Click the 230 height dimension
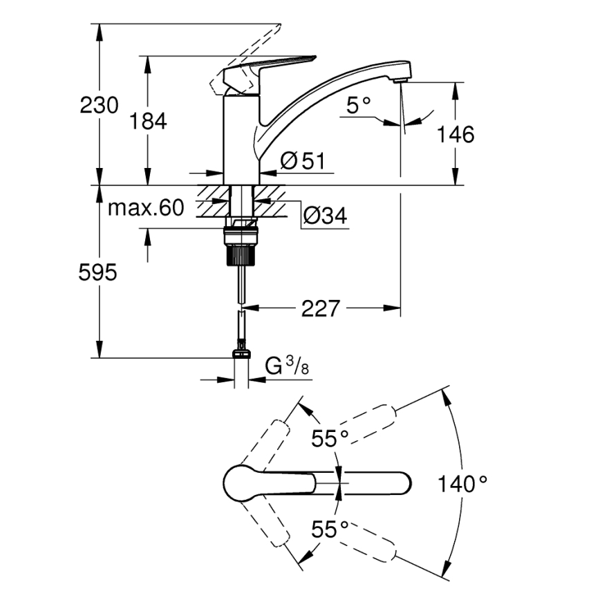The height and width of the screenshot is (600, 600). coord(100,106)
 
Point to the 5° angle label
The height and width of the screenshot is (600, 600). coord(358,106)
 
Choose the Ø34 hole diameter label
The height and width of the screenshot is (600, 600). coord(324,217)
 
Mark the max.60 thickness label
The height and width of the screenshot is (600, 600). coord(145,207)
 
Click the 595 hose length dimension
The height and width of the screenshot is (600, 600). coord(97,273)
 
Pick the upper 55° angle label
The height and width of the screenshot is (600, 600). coord(330,438)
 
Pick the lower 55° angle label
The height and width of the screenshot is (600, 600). coord(330,529)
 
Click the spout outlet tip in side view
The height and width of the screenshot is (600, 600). coord(400,80)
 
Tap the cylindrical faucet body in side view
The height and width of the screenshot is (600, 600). coord(241,138)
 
